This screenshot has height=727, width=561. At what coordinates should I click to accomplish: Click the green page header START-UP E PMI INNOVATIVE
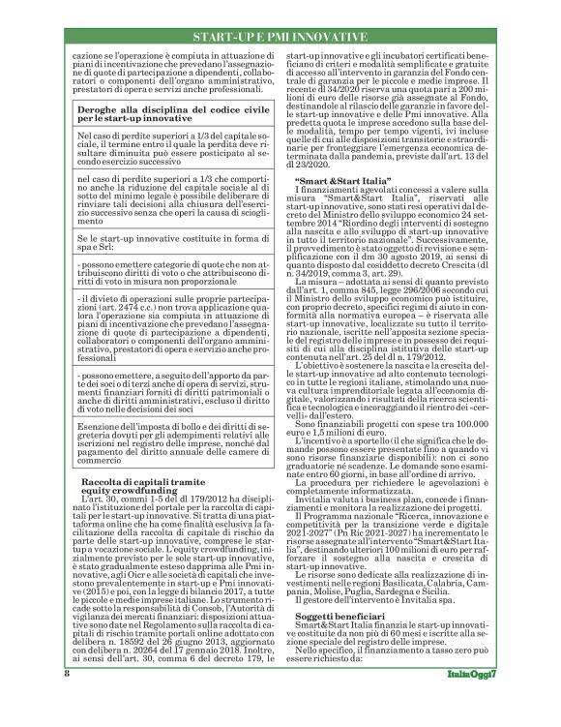pyautogui.click(x=280, y=37)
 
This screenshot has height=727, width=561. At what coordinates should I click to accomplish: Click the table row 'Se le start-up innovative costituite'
pyautogui.click(x=174, y=241)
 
